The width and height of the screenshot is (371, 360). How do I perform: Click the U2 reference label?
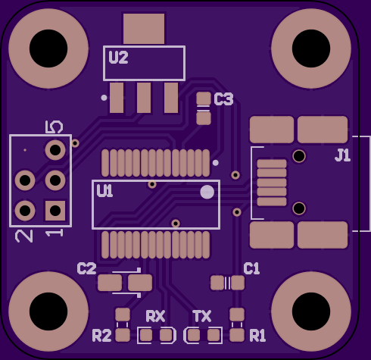pos(118,58)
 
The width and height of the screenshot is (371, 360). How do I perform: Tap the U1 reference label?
pos(104,191)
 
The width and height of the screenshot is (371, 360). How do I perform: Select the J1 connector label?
pos(343,155)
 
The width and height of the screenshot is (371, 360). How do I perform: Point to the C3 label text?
pos(223,99)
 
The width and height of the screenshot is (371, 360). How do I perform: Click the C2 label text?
pos(86,268)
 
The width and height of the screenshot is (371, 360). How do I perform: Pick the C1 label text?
pos(251,268)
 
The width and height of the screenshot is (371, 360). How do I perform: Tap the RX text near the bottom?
pos(155,316)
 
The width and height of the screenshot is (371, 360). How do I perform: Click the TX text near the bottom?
pos(202,316)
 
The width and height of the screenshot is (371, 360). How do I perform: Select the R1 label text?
pos(257,336)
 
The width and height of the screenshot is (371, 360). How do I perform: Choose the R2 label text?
pos(101,336)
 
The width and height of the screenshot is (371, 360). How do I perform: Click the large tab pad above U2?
pos(144,29)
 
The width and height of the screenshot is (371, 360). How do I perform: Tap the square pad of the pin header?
pos(55,211)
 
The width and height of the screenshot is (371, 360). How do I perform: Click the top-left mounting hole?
pos(48,49)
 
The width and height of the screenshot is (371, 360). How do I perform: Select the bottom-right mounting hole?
pos(311,311)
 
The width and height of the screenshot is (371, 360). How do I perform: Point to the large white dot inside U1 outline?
pos(207,192)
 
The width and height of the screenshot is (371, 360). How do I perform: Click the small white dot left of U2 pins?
pos(104,98)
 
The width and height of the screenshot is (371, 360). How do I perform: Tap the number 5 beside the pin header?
pos(54,127)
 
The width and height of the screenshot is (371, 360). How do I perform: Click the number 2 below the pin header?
pos(24,236)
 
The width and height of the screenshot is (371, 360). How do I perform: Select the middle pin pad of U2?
pos(144,98)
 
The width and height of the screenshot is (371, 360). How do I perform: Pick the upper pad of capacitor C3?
pos(204,99)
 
